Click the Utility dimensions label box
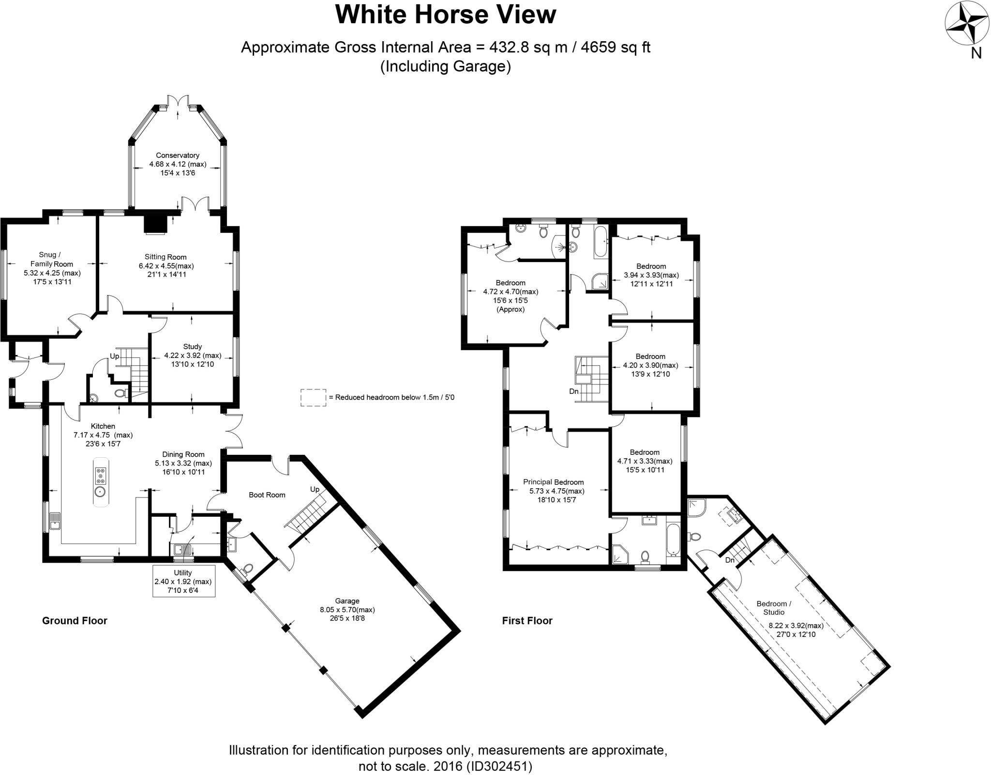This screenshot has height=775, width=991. (183, 581)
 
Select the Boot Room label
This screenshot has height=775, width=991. (267, 495)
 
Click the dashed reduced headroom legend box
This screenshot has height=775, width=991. (313, 397)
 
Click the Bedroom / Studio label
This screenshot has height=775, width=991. (774, 608)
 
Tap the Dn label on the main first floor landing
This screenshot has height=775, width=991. (574, 391)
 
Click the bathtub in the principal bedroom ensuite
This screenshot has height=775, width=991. (673, 539)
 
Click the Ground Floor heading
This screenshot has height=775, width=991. (75, 620)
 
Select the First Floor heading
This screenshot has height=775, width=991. (527, 620)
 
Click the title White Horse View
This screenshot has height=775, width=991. (446, 15)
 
